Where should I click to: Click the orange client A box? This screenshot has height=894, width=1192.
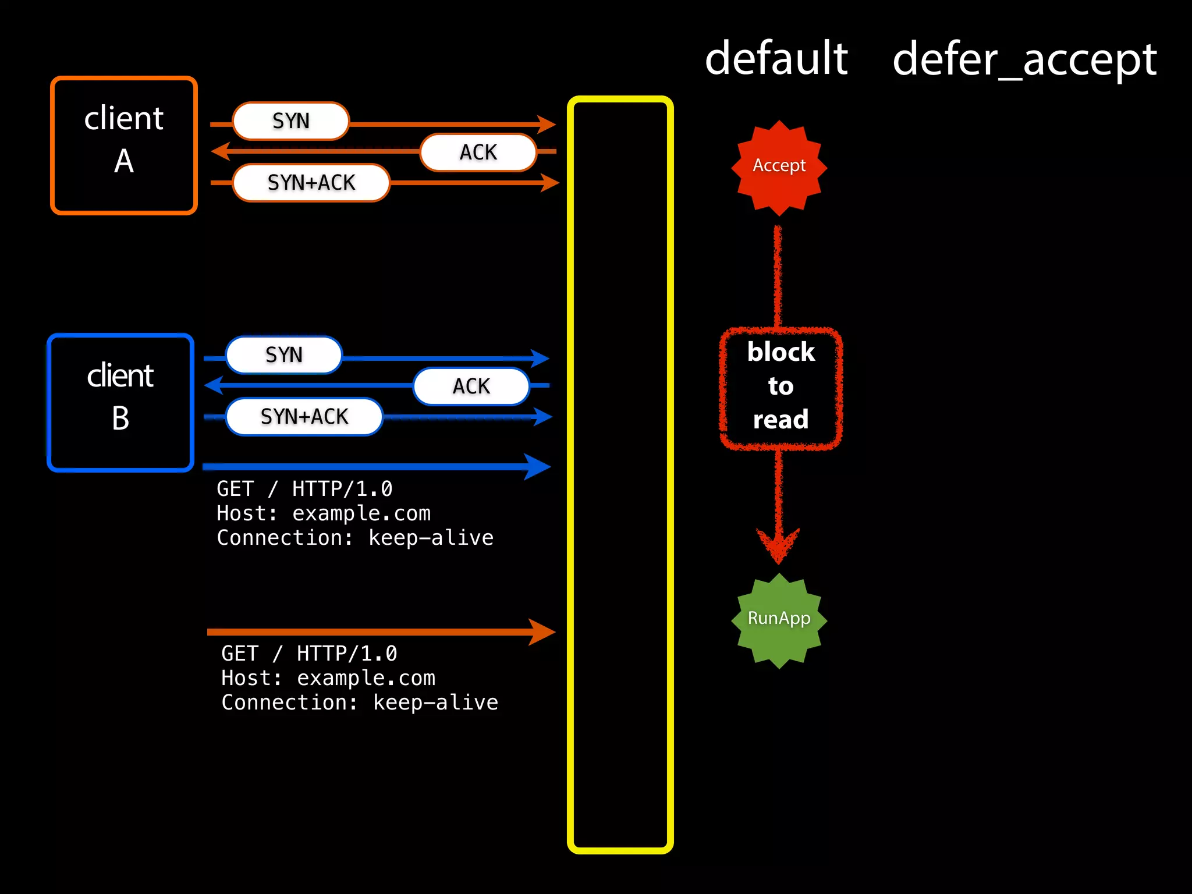[123, 146]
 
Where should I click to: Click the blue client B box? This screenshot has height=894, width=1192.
[120, 402]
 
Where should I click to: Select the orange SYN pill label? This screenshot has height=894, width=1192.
[290, 121]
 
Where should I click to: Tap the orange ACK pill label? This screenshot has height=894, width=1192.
[478, 152]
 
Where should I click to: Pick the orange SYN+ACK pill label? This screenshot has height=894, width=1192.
[311, 183]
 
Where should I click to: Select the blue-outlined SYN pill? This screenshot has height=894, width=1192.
[283, 355]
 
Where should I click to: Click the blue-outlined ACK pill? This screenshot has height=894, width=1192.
[471, 386]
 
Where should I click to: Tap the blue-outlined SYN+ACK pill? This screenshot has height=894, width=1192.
[304, 417]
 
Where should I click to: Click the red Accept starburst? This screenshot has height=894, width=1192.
[779, 167]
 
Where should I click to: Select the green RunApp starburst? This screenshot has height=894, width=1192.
[779, 620]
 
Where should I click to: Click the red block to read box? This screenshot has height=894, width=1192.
[781, 387]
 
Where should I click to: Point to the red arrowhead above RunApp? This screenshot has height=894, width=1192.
[778, 545]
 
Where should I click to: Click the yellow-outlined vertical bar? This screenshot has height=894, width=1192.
[620, 474]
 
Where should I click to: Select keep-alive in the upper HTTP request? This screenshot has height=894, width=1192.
[431, 538]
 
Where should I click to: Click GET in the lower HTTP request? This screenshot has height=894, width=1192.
[240, 654]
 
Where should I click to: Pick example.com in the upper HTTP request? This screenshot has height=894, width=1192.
[361, 513]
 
